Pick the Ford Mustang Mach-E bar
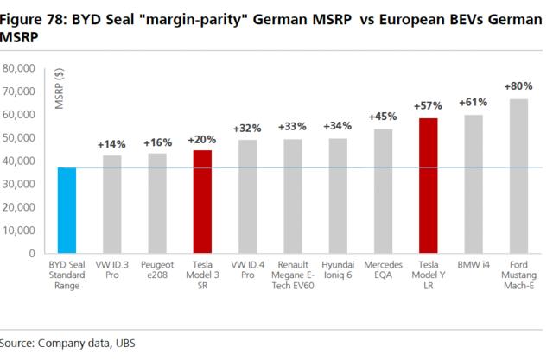[x=518, y=173]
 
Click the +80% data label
[x=518, y=86]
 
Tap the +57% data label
[x=428, y=105]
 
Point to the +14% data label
[x=111, y=143]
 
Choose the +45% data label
[x=382, y=117]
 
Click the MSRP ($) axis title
[x=60, y=90]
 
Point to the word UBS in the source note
[x=125, y=344]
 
